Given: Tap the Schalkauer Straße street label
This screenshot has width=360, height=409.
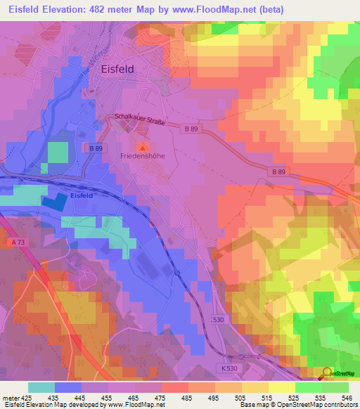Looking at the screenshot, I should pyautogui.click(x=139, y=121).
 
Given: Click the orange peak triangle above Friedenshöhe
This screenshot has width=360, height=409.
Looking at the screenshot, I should pyautogui.click(x=143, y=147).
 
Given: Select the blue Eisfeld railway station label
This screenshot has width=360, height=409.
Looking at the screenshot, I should pyautogui.click(x=82, y=196).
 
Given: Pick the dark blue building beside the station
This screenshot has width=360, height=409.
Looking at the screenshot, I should pyautogui.click(x=56, y=201).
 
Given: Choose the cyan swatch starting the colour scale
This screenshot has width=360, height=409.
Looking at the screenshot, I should pyautogui.click(x=41, y=387).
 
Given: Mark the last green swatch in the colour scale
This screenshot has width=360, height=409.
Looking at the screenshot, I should pyautogui.click(x=335, y=387).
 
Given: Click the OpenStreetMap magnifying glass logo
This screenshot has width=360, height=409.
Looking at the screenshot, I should pyautogui.click(x=326, y=372).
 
